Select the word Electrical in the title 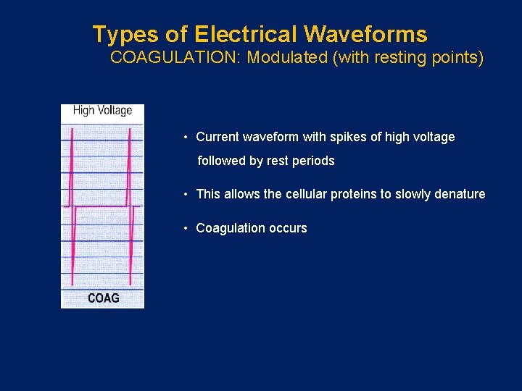point(246,34)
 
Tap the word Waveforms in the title point(365,34)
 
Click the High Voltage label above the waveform point(102,111)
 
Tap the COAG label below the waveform point(104,298)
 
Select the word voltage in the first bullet point(431,137)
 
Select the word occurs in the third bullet point(289,228)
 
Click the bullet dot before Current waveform point(186,137)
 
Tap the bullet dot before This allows point(186,194)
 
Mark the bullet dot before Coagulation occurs point(186,228)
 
